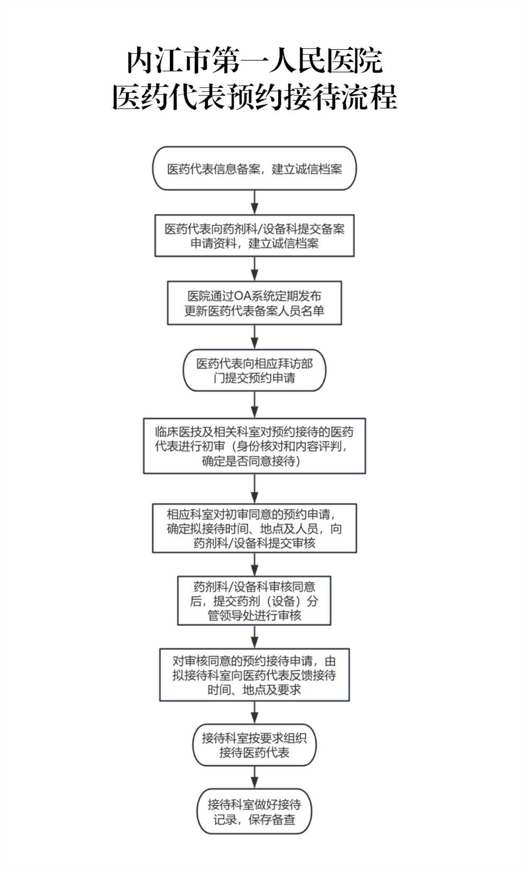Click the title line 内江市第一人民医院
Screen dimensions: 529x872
(255, 60)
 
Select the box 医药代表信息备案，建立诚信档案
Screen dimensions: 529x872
(254, 168)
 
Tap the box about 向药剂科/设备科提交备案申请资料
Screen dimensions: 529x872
(254, 236)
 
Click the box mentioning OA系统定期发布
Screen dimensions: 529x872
(254, 303)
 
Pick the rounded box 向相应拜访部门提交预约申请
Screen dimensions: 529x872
(254, 370)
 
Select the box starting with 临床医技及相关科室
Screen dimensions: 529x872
(254, 446)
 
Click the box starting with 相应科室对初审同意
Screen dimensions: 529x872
(254, 528)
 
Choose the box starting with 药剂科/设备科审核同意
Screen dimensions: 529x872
(254, 601)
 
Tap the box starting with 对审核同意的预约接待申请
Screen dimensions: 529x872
(254, 675)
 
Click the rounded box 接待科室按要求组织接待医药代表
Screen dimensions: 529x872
(254, 745)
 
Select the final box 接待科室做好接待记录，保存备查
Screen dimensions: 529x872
(254, 812)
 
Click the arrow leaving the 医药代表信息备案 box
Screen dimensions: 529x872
(254, 202)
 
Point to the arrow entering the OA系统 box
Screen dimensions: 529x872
(254, 269)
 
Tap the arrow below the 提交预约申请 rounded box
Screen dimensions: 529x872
(254, 405)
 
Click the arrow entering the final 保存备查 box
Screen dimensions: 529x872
(254, 778)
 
